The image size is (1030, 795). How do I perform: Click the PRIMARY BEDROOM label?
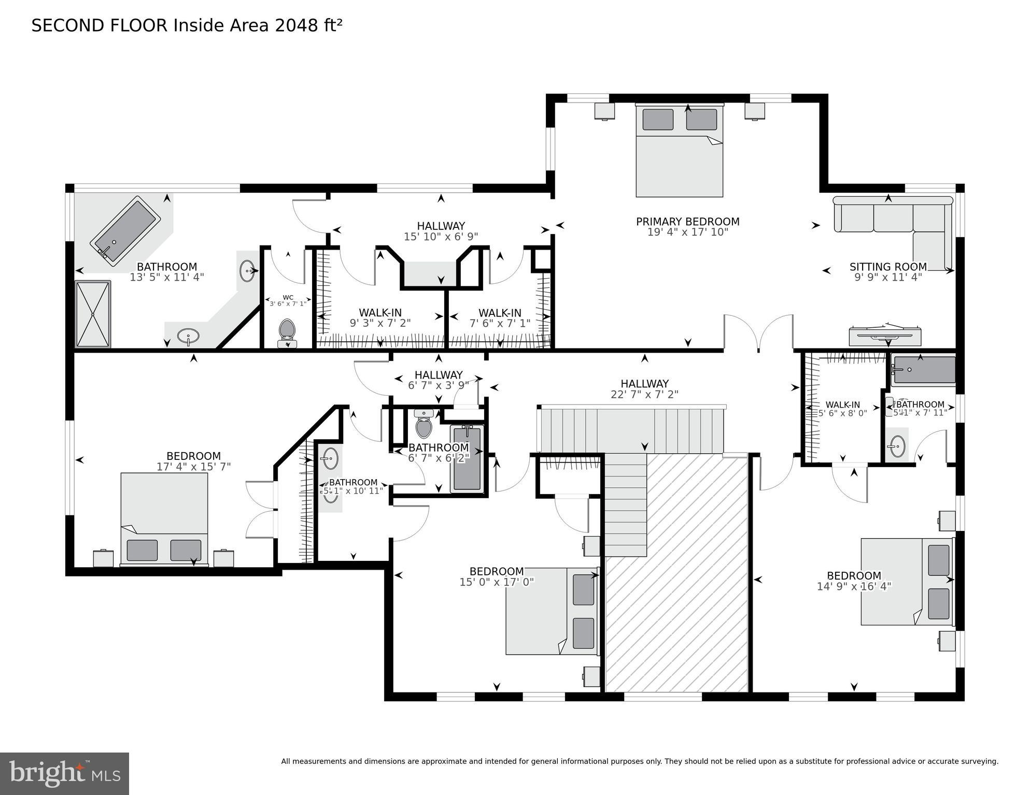(687, 222)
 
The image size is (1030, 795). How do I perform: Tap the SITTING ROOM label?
(887, 267)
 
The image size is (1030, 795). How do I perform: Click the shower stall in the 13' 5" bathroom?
(93, 314)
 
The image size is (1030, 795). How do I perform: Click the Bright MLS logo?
(64, 773)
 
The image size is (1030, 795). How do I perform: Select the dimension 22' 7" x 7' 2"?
(644, 394)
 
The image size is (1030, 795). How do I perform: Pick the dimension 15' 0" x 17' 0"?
(496, 582)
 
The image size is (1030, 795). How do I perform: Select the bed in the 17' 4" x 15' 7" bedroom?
(164, 518)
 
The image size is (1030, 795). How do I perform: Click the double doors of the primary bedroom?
(758, 331)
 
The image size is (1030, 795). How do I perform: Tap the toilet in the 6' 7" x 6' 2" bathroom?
(424, 424)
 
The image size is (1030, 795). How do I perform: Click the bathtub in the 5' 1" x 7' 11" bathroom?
(923, 370)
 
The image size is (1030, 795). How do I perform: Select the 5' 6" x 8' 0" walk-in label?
(842, 409)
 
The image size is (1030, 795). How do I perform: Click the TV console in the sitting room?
(885, 336)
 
